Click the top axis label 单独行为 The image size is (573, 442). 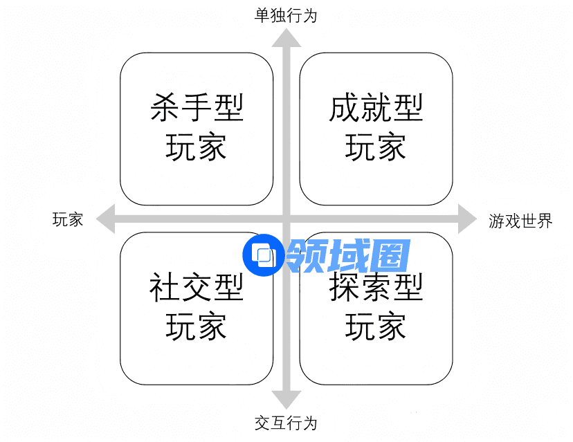[285, 15]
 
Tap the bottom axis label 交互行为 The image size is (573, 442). [285, 423]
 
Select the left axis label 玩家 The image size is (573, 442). [68, 220]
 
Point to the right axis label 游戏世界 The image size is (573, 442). [520, 221]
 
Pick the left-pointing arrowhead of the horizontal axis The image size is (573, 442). [106, 220]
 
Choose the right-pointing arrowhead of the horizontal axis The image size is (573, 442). [467, 220]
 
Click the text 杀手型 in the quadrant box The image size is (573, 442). [197, 109]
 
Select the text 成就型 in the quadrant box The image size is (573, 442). [376, 109]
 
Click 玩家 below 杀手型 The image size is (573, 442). [197, 148]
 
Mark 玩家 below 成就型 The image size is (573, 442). [376, 148]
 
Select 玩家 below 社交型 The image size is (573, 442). [197, 326]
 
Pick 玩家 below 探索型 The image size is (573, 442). [376, 326]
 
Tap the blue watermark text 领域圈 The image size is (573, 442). [348, 257]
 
